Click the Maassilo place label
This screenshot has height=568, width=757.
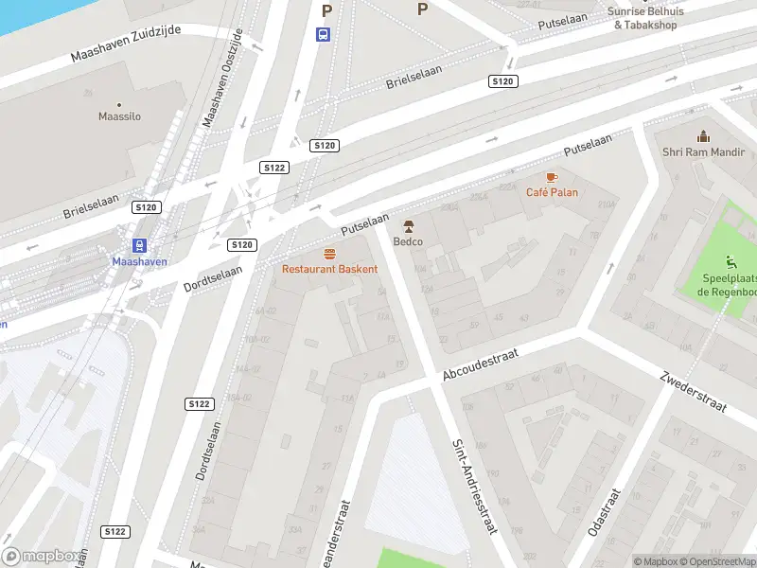(x=120, y=116)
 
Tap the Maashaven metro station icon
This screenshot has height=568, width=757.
(x=139, y=244)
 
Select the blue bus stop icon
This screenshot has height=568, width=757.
(x=324, y=34)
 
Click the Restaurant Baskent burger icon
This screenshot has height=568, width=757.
(x=329, y=254)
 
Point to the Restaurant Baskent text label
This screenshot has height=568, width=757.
(x=329, y=269)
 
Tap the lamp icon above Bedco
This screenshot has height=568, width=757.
(x=408, y=226)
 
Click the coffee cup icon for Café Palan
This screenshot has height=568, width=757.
(x=552, y=177)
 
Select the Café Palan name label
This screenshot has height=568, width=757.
(x=552, y=192)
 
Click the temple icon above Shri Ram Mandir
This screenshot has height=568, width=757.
(x=703, y=137)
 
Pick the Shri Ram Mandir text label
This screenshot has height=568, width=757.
(x=703, y=152)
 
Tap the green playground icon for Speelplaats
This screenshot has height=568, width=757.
(x=730, y=262)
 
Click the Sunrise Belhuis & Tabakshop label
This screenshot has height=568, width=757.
(x=644, y=18)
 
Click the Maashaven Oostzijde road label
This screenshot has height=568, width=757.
(x=223, y=78)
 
